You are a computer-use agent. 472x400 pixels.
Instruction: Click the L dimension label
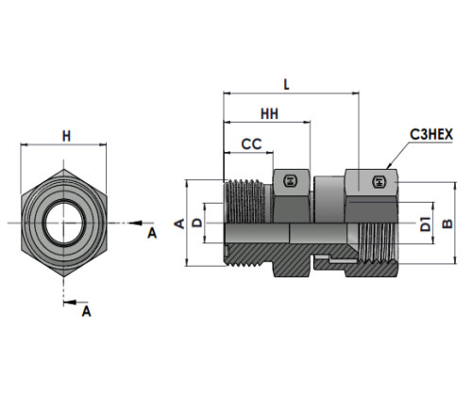tap(286, 84)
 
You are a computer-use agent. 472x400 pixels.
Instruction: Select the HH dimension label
tap(270, 114)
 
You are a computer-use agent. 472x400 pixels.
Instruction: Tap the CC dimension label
tap(251, 144)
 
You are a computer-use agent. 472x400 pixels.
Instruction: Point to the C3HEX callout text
tap(431, 135)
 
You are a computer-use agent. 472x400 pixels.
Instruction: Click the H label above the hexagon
tap(66, 137)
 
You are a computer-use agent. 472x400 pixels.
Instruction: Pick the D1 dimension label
tap(426, 224)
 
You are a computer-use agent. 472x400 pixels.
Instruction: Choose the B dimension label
tap(447, 224)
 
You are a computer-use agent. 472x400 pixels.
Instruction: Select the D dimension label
tap(197, 223)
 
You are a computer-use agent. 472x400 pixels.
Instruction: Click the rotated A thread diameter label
tap(179, 224)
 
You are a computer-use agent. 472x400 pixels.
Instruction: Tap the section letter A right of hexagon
tap(152, 234)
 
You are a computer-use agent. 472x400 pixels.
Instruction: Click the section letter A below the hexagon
tap(86, 311)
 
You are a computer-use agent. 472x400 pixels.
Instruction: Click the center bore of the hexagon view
tap(64, 223)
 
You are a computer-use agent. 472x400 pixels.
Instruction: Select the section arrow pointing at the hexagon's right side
tap(135, 223)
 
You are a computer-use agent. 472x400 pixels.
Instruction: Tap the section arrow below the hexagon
tap(70, 303)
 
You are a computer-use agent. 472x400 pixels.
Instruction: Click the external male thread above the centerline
tap(245, 201)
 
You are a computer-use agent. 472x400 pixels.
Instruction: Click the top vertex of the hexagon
tap(64, 169)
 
